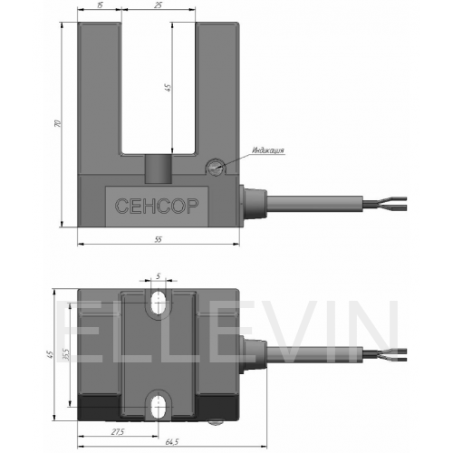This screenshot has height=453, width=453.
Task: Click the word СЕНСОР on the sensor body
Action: pyautogui.click(x=157, y=206)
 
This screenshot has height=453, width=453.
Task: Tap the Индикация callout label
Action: pyautogui.click(x=268, y=150)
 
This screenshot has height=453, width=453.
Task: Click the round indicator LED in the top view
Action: pyautogui.click(x=216, y=167)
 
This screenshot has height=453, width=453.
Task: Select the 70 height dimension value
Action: pyautogui.click(x=58, y=123)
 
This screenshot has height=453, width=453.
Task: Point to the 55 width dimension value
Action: pyautogui.click(x=159, y=239)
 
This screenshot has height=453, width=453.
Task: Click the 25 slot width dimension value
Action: pyautogui.click(x=159, y=5)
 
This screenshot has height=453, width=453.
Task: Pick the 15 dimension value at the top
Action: pyautogui.click(x=100, y=5)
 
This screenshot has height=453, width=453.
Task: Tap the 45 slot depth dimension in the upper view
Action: pyautogui.click(x=168, y=87)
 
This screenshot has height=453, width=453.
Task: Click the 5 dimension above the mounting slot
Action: pyautogui.click(x=159, y=275)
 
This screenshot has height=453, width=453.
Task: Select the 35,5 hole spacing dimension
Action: pyautogui.click(x=66, y=354)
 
